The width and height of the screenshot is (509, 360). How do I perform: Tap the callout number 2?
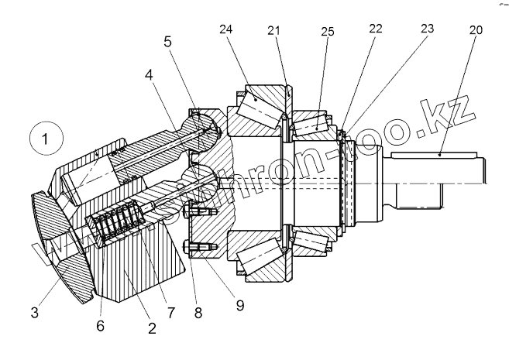coord(151,328)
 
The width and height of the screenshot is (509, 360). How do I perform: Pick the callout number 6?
coord(99,326)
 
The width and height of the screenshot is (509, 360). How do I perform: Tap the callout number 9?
coord(239,305)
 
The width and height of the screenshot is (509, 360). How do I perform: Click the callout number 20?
coord(476,31)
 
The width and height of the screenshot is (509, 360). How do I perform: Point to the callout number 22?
coord(375,29)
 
